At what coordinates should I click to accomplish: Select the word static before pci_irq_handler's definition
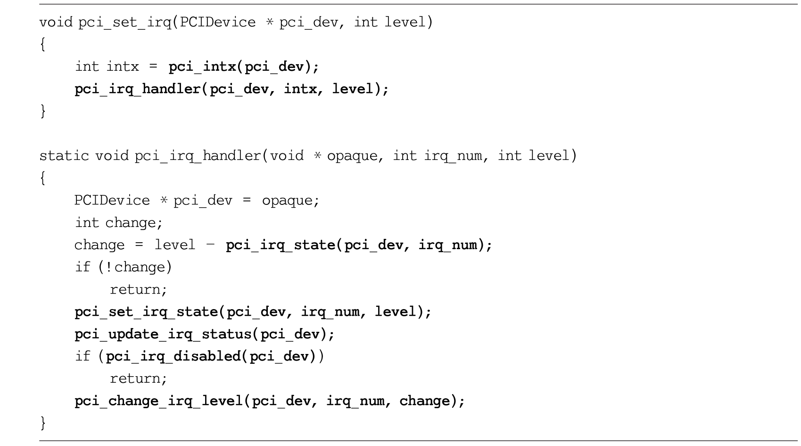64,156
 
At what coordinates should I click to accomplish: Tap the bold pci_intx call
244,67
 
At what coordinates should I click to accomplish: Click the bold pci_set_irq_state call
253,312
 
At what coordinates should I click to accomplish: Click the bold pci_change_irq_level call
269,401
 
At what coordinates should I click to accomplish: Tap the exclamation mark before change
109,267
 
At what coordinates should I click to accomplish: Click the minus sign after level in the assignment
211,245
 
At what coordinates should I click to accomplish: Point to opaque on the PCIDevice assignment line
287,201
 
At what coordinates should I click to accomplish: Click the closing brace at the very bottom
43,423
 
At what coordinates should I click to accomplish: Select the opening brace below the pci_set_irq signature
43,45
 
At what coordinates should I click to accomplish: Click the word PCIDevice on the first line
218,23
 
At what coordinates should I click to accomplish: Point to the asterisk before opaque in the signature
317,156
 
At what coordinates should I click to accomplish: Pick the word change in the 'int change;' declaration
130,223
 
